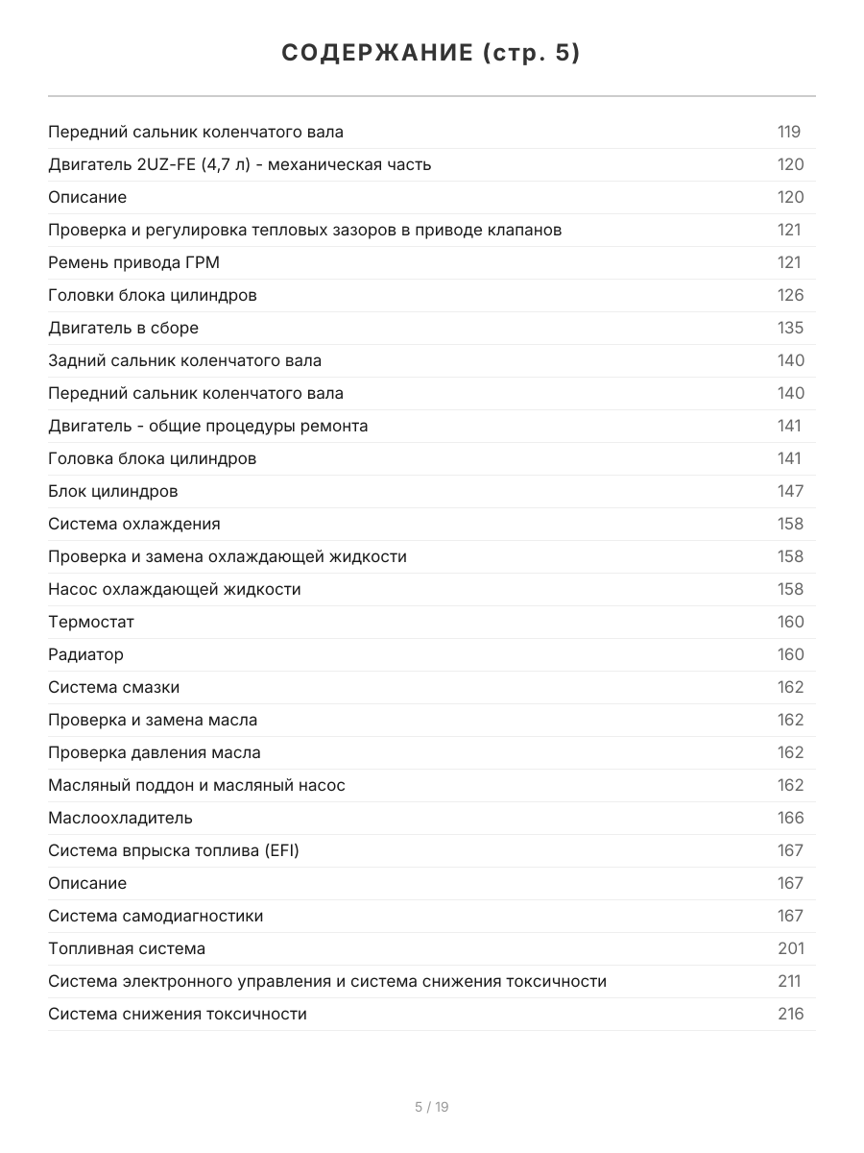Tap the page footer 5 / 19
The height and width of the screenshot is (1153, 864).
click(x=431, y=1107)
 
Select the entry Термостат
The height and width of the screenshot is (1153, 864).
click(x=91, y=622)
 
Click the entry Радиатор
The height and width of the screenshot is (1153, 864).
click(x=85, y=654)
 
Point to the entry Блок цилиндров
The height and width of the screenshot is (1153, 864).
click(x=112, y=491)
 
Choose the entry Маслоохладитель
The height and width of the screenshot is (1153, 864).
click(x=120, y=818)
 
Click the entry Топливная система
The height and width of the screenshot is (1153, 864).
click(x=127, y=948)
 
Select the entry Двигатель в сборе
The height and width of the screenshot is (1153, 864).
click(x=123, y=328)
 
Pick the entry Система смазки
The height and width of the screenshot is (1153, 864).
click(x=113, y=687)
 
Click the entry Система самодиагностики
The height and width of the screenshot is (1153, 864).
click(x=156, y=916)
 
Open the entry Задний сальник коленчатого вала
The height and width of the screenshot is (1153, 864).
click(x=184, y=360)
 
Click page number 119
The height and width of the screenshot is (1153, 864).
click(x=788, y=132)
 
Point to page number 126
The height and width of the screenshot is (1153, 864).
click(x=790, y=295)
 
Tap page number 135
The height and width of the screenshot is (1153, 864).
click(x=790, y=328)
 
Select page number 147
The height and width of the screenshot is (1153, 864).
click(x=790, y=491)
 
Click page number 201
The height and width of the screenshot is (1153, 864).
click(x=790, y=948)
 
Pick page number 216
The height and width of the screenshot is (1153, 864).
click(x=790, y=1014)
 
